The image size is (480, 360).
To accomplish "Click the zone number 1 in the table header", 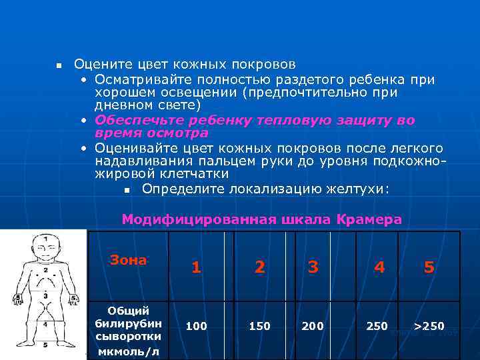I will click(x=196, y=267).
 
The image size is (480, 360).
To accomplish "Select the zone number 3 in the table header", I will click(x=313, y=267).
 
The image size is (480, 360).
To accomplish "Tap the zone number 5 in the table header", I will click(x=429, y=267).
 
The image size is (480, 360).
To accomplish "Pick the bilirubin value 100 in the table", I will click(x=196, y=326).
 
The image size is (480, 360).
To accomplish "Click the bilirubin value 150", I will click(x=259, y=326).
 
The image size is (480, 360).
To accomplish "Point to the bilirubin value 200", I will click(x=313, y=326).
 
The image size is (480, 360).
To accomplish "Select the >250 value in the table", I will click(x=429, y=326).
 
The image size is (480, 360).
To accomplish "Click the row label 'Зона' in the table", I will click(x=128, y=260).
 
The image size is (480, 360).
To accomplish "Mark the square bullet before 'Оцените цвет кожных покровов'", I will click(x=59, y=66).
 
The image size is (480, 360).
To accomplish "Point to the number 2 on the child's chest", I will click(x=45, y=271).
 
